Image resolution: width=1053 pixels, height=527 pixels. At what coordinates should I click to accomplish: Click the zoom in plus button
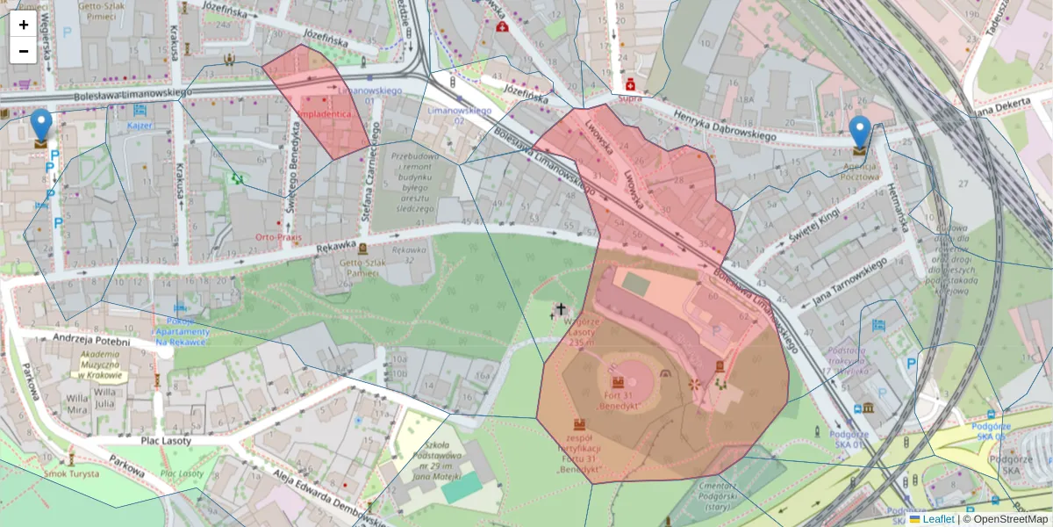tap(24, 25)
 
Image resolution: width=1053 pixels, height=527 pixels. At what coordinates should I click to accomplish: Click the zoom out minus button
tap(24, 51)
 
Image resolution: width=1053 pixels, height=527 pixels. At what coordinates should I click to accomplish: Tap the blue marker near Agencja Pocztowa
tap(861, 132)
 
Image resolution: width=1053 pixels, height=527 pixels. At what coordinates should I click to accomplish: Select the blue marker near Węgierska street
tap(41, 125)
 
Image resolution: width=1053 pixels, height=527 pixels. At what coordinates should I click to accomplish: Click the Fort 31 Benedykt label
tap(619, 401)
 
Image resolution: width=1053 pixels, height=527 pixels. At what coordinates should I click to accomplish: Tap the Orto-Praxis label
tap(273, 237)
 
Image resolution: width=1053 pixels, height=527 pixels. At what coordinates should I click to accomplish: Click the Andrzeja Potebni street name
tap(91, 341)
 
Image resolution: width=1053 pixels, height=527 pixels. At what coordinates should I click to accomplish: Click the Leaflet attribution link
tap(937, 519)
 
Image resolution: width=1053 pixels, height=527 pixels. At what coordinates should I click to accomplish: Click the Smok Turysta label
tap(72, 473)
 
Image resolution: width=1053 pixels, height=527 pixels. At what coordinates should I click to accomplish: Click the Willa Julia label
tap(105, 404)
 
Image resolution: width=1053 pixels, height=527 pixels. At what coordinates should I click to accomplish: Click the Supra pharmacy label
tap(629, 98)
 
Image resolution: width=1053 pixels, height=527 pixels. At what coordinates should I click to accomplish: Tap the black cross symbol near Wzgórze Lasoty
tap(560, 309)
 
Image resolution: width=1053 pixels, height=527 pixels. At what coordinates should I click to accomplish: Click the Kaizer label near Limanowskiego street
tap(140, 126)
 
